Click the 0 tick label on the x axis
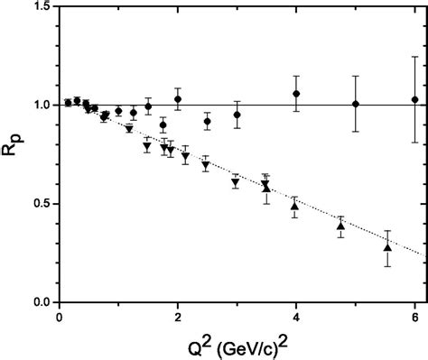(x=59, y=318)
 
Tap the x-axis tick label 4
(x=296, y=318)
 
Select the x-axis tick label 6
(x=414, y=318)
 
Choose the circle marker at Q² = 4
(x=296, y=94)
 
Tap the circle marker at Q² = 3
(x=237, y=115)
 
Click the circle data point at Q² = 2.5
(x=208, y=121)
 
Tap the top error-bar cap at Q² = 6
(x=414, y=56)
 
